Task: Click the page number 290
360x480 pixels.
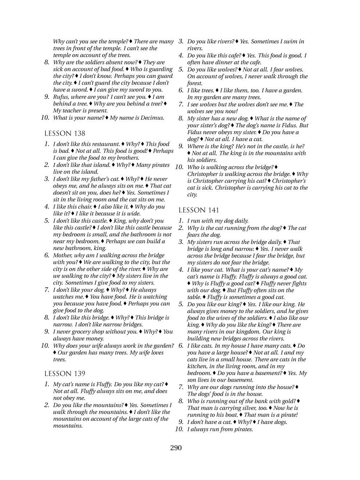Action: (176, 448)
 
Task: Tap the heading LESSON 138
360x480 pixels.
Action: (65, 133)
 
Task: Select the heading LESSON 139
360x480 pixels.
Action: (65, 374)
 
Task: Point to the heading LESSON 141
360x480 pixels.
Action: (199, 210)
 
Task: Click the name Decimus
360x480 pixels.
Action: (153, 118)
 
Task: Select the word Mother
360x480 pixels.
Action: (63, 255)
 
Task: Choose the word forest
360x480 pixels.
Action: (195, 83)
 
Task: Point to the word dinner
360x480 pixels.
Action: (222, 63)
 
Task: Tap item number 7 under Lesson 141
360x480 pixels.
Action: (181, 387)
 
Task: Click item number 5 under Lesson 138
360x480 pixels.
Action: (47, 221)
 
